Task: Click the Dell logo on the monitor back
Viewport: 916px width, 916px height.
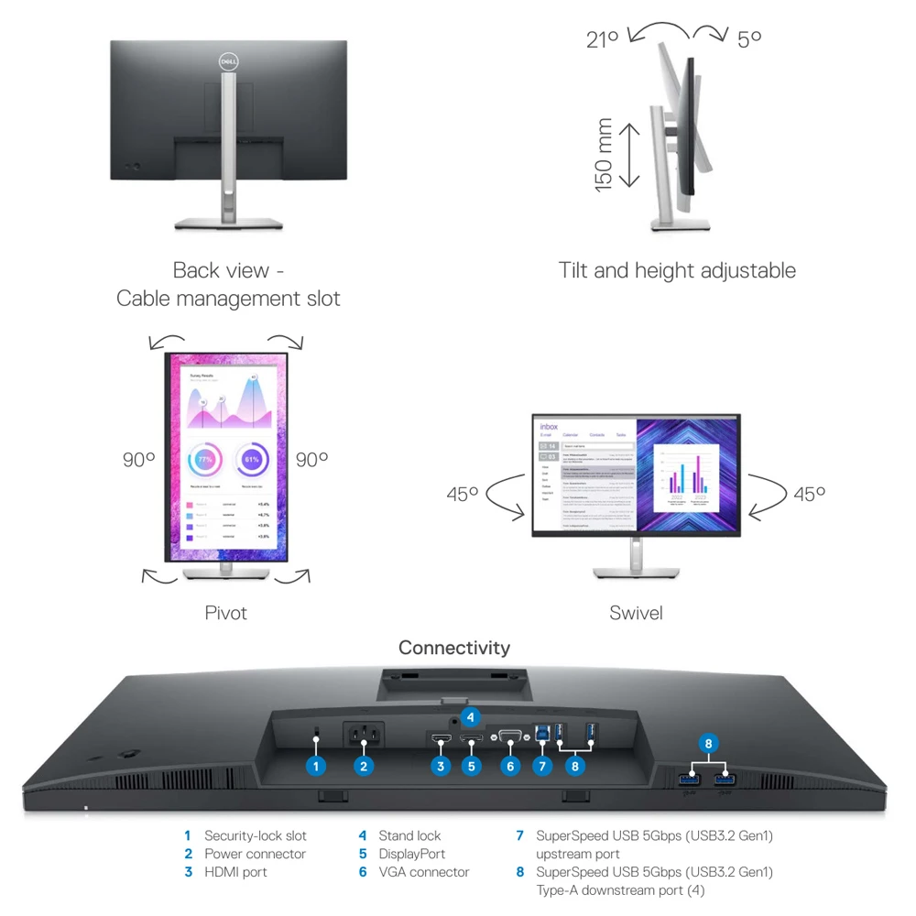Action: coord(228,60)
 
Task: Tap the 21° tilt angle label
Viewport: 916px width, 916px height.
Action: coord(603,38)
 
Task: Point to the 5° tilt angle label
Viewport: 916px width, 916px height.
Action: coord(749,38)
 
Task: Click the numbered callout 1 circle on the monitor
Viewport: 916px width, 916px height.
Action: coord(316,766)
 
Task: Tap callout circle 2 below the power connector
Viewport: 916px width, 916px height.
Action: coord(364,766)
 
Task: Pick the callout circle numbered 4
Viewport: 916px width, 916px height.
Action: coord(471,716)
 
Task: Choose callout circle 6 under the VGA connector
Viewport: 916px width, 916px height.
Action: coord(511,766)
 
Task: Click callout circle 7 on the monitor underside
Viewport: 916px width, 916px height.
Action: coord(542,766)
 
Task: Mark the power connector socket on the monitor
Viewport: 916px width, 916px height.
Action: coord(363,735)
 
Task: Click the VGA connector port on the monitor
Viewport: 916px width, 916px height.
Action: coord(511,735)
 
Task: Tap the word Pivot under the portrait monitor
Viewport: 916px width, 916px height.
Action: coord(225,613)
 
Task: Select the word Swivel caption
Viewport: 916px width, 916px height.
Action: coord(636,613)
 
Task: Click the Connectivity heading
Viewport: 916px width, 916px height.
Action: coord(453,648)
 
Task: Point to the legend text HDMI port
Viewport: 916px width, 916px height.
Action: coord(235,872)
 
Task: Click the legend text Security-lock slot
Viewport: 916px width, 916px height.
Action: coord(255,835)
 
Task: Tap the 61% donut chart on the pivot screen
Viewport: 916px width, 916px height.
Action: coord(251,459)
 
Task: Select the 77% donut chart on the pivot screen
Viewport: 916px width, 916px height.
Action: coord(204,459)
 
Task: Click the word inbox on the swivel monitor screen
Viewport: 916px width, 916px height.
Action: coord(549,426)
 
